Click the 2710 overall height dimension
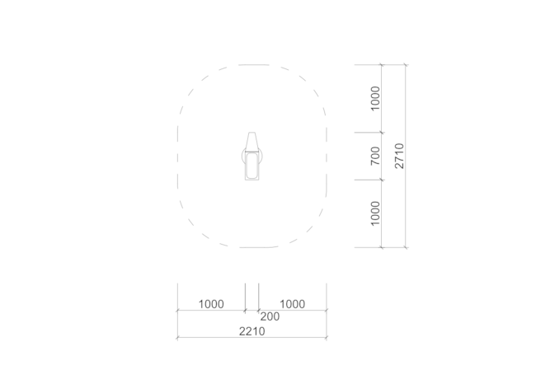point(399,156)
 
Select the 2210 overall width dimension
point(252,331)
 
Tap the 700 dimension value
point(375,156)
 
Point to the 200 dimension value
point(270,316)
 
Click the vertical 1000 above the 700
point(375,98)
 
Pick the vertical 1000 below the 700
point(375,213)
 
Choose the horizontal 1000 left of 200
point(211,304)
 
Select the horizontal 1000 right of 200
point(292,304)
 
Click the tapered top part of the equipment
point(252,142)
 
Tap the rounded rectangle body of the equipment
point(252,166)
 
